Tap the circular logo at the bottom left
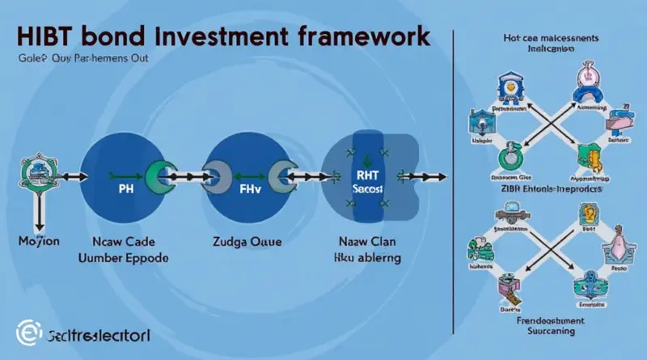tap(26, 332)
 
